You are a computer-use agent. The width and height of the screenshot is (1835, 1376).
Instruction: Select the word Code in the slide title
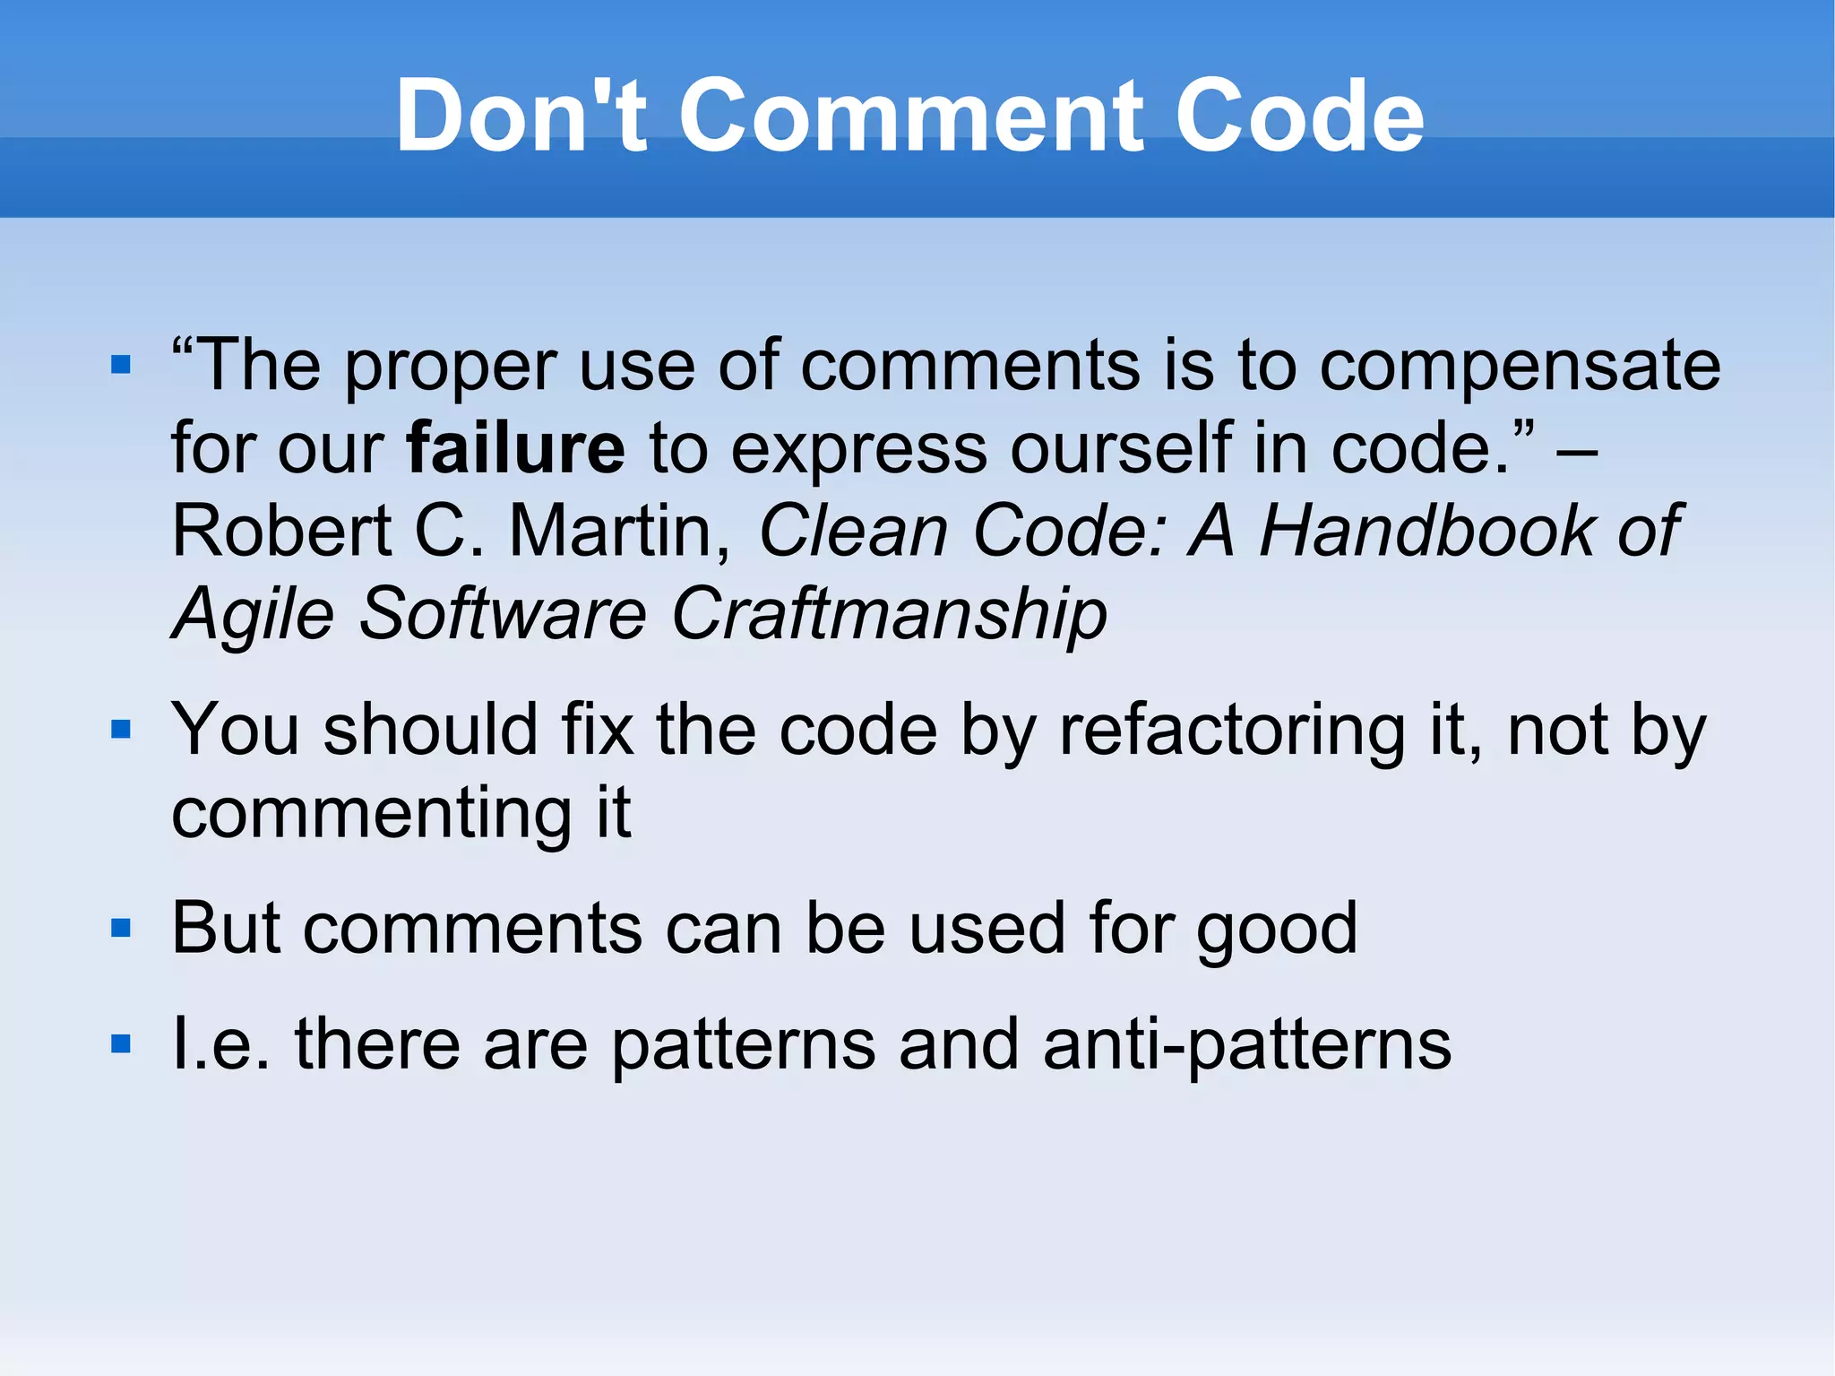click(x=1298, y=116)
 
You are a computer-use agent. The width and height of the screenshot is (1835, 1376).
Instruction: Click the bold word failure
click(x=515, y=447)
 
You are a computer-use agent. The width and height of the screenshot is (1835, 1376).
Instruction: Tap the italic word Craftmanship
click(x=889, y=615)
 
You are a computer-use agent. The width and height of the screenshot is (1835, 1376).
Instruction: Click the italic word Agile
click(x=254, y=615)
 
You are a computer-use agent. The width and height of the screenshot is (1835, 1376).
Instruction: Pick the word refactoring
click(x=1232, y=731)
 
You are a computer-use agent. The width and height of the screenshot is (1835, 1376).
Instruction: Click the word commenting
click(x=372, y=814)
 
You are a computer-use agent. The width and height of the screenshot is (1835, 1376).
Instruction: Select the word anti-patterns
click(x=1247, y=1045)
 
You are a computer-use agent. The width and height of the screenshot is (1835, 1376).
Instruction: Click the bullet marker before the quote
click(x=121, y=365)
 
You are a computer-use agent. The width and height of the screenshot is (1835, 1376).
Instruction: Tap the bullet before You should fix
click(x=121, y=730)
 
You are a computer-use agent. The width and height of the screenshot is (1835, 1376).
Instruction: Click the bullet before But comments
click(x=121, y=928)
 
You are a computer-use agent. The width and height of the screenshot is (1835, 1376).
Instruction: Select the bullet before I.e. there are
click(x=121, y=1044)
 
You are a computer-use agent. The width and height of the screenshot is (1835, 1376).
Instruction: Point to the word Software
click(x=503, y=615)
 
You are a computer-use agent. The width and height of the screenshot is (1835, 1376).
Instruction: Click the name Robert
click(x=281, y=531)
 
